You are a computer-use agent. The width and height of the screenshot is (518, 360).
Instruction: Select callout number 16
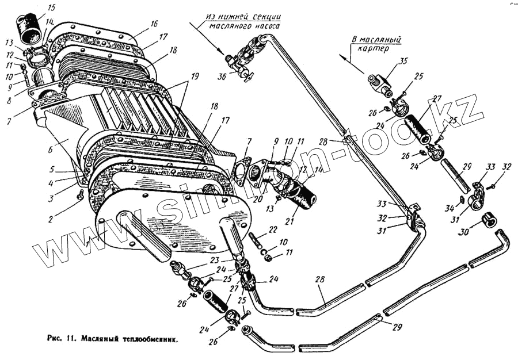click(x=154, y=24)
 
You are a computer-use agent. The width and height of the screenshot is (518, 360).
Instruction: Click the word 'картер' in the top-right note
click(x=380, y=49)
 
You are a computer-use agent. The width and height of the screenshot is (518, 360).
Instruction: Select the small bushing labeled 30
click(x=490, y=220)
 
